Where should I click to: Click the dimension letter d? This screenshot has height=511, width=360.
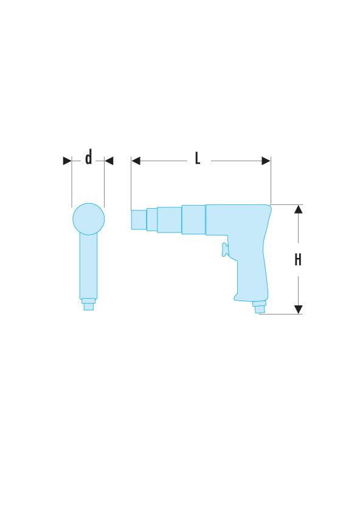point(89,159)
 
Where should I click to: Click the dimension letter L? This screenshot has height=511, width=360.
point(198,159)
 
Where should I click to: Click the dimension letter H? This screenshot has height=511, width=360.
point(298,260)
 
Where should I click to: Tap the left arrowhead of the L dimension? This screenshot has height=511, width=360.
point(136,161)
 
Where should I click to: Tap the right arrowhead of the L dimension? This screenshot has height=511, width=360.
point(266,161)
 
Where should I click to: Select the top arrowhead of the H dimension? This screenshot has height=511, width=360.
point(298,209)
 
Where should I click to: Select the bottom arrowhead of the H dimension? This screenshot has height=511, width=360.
point(298,310)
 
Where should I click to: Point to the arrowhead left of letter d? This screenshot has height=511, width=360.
point(67,161)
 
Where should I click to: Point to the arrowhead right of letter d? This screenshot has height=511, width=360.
point(109,161)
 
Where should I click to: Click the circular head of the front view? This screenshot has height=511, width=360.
point(89,219)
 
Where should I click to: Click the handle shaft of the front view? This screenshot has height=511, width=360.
point(89,268)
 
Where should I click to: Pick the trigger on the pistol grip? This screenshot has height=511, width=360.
point(225,249)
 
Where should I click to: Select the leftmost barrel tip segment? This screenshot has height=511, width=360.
point(139,220)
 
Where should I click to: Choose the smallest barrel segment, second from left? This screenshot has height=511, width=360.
point(151,220)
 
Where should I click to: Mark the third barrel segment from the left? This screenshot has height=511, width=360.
point(169,220)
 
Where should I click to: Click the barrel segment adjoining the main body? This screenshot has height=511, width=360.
point(193,220)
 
